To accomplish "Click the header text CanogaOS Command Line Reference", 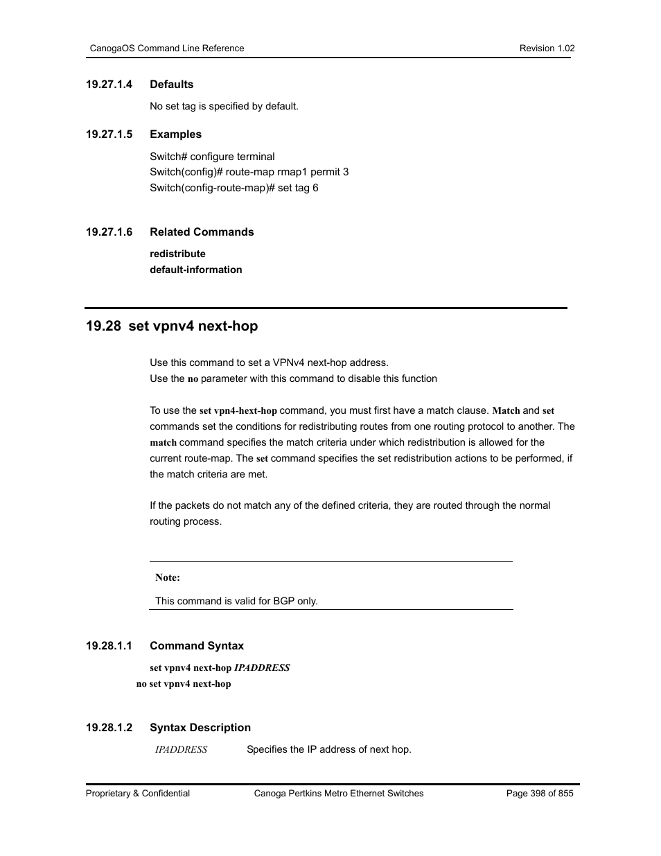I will pos(167,49).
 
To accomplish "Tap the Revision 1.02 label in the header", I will pos(547,49).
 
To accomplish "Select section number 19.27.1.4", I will pos(109,85).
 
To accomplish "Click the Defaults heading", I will pos(171,85).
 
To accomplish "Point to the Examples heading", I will pos(175,134).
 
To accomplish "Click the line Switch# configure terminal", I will pos(212,157).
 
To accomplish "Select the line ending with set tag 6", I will pos(233,188).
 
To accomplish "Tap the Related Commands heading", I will pos(202,232).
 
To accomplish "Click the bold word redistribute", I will pos(177,254).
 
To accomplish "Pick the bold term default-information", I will pos(195,270).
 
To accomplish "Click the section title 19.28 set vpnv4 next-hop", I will pos(171,326).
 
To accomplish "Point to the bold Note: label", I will pos(168,577).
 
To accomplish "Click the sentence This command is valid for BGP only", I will pos(236,601).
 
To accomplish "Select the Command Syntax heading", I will pos(197,646).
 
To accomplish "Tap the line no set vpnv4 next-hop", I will pos(184,683).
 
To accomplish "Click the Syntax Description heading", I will pos(200,728).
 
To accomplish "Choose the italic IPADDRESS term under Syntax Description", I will pos(181,749).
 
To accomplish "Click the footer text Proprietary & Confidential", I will pos(138,794).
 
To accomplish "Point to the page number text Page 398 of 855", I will pos(540,794).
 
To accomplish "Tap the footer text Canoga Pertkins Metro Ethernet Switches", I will pos(339,794).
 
